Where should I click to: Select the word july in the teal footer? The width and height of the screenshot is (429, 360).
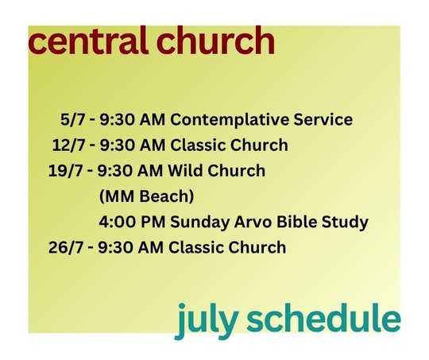(206, 320)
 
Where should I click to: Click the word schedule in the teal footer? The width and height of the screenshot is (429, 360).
(323, 317)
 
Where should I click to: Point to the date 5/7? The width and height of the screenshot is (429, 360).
(73, 120)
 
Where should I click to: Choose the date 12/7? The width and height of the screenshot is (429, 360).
(68, 145)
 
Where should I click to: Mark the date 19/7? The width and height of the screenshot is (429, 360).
(65, 171)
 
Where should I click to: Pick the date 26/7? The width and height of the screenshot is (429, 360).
(66, 247)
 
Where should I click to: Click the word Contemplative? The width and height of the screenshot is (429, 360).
(230, 120)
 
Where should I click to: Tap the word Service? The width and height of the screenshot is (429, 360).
(323, 119)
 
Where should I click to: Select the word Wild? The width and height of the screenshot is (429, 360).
(185, 170)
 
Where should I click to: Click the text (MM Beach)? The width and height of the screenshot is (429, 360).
(146, 196)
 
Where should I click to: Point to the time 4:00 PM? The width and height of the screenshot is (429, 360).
(132, 222)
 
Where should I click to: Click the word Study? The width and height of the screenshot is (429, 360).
(345, 223)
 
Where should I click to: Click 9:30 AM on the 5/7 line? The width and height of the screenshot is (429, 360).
(133, 120)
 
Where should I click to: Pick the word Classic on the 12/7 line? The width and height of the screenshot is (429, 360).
(198, 145)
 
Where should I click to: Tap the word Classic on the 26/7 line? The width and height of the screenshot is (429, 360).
(196, 247)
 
